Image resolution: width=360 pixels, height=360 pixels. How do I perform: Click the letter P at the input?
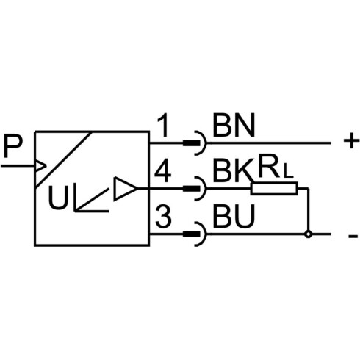coord(12,146)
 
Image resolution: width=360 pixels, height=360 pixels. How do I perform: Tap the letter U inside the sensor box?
coord(58,197)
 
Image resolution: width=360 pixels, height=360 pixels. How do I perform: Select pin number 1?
coord(164,126)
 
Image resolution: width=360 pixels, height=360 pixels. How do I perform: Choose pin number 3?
coord(163,217)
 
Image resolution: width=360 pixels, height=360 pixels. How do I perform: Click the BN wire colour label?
coord(234,126)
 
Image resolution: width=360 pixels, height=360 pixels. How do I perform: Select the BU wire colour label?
coord(234,217)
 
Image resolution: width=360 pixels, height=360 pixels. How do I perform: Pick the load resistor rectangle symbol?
coord(274,189)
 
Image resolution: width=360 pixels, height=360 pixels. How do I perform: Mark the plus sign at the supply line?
coord(351,141)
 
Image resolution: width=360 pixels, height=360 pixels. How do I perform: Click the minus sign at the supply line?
coord(353,237)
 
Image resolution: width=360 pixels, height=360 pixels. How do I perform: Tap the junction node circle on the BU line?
coord(309,234)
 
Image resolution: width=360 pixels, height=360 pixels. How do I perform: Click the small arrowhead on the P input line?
coord(40,166)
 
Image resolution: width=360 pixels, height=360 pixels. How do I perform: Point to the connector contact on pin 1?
coord(195,143)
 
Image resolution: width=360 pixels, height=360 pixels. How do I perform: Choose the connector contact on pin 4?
coord(195,189)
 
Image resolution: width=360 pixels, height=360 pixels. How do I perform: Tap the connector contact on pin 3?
coord(195,234)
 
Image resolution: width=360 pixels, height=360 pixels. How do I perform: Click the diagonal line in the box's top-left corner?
coord(64,159)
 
